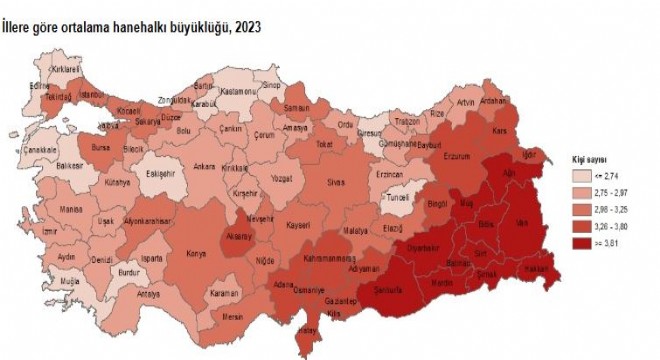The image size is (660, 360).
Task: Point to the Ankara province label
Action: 205,166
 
